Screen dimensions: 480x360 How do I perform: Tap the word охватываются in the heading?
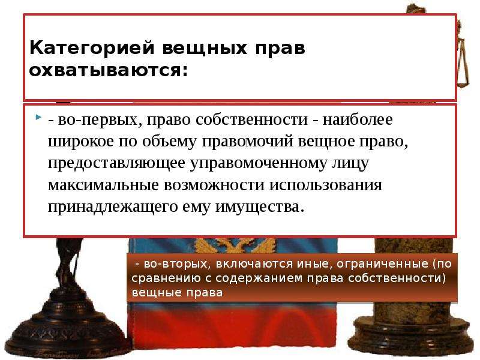(x=108, y=71)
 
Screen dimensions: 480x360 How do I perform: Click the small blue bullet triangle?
(x=38, y=117)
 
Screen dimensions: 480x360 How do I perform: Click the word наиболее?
(x=358, y=119)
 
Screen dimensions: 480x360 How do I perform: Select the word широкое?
(x=81, y=142)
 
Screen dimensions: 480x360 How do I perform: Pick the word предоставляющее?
(x=116, y=163)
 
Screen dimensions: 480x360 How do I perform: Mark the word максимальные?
(x=103, y=185)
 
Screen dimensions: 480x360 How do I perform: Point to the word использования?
(x=326, y=185)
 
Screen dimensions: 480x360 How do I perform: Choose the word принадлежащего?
(x=113, y=207)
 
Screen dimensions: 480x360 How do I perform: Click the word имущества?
(x=260, y=207)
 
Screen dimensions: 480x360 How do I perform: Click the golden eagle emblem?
(x=235, y=246)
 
